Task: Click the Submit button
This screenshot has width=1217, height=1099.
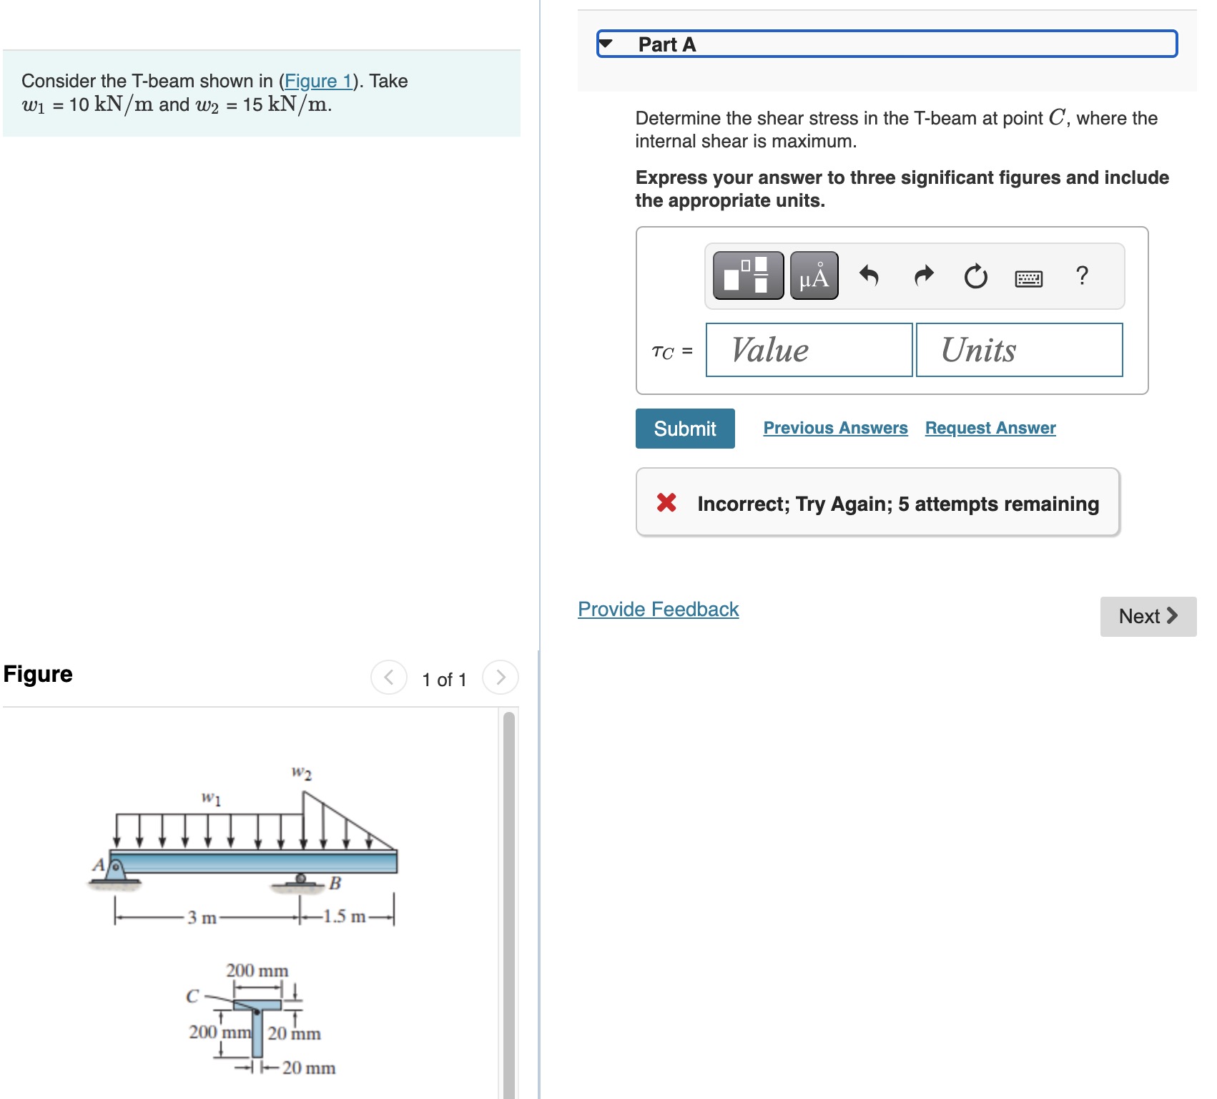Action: click(x=684, y=429)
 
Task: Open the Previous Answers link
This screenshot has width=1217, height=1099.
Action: click(x=835, y=428)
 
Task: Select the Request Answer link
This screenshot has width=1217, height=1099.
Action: click(x=990, y=428)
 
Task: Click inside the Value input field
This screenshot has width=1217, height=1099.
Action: click(x=809, y=350)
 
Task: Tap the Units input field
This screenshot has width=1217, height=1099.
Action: click(x=1019, y=350)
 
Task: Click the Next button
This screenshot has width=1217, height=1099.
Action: click(x=1148, y=616)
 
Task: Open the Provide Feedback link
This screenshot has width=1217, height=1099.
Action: click(x=658, y=609)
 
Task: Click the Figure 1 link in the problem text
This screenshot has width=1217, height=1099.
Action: click(x=318, y=81)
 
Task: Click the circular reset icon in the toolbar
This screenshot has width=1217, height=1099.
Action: click(x=975, y=276)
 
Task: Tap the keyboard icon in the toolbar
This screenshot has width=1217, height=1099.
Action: click(x=1028, y=278)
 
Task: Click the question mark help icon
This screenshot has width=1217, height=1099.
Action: click(x=1082, y=275)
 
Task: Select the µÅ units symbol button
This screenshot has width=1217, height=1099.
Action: click(x=814, y=276)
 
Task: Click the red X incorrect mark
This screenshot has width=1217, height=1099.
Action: click(x=666, y=503)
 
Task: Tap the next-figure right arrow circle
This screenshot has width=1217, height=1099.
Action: click(x=500, y=677)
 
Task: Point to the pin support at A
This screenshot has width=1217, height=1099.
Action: click(x=115, y=869)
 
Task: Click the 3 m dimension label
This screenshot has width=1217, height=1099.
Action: click(x=202, y=917)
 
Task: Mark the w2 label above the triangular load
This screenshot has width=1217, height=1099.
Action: click(x=302, y=773)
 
